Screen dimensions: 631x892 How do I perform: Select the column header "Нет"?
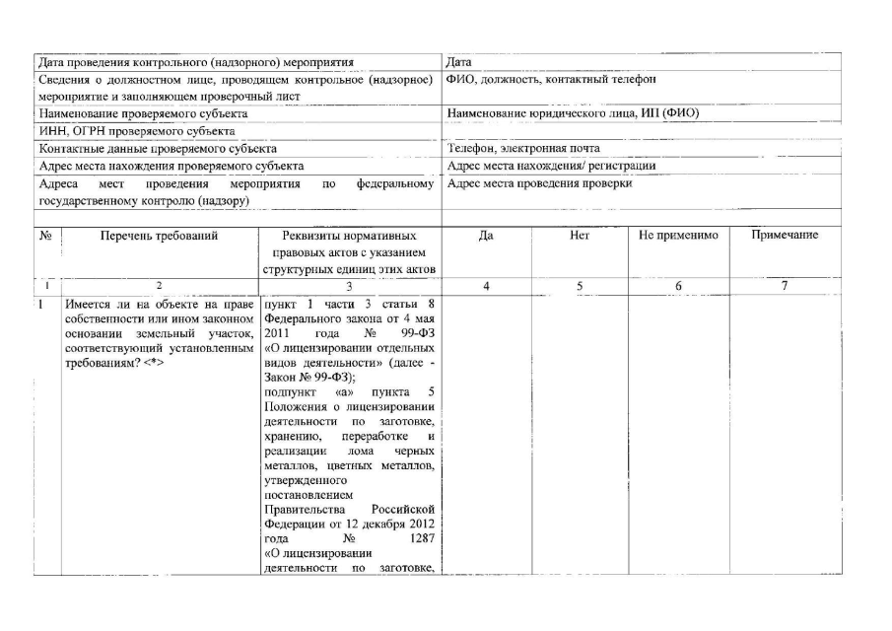point(580,236)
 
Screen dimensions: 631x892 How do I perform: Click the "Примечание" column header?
point(785,236)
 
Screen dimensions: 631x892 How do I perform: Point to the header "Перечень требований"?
point(159,236)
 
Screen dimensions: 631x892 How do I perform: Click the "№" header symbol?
point(45,237)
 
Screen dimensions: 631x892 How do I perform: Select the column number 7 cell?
point(785,286)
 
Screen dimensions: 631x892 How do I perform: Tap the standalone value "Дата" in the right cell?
point(459,62)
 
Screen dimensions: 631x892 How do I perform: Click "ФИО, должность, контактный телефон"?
point(551,79)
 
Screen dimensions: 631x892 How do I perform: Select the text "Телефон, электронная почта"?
point(522,149)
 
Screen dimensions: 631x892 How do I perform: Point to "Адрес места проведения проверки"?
point(539,184)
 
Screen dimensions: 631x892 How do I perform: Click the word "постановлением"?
point(303,492)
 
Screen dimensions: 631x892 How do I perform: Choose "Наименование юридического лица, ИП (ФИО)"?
point(572,113)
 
